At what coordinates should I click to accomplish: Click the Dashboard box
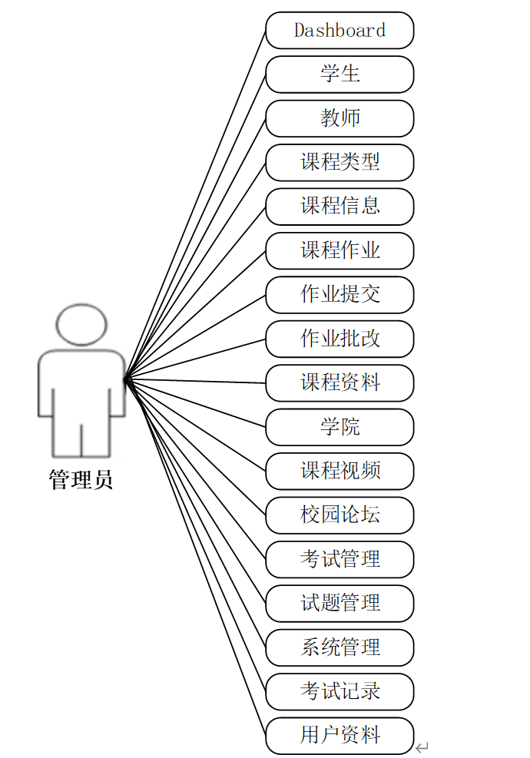pyautogui.click(x=340, y=31)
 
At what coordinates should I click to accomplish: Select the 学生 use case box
pyautogui.click(x=340, y=74)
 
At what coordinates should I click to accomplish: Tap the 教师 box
pyautogui.click(x=340, y=118)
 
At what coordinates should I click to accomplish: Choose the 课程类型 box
pyautogui.click(x=340, y=163)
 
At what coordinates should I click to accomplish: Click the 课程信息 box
pyautogui.click(x=340, y=207)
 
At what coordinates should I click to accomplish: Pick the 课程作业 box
pyautogui.click(x=340, y=251)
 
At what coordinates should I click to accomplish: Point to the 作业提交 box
pyautogui.click(x=340, y=295)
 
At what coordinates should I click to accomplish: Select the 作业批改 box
pyautogui.click(x=340, y=339)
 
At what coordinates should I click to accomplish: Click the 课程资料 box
pyautogui.click(x=340, y=383)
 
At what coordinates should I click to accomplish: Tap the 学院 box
pyautogui.click(x=340, y=427)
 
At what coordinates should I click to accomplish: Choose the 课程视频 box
pyautogui.click(x=340, y=471)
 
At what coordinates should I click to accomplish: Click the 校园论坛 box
pyautogui.click(x=340, y=515)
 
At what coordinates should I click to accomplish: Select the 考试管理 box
pyautogui.click(x=340, y=559)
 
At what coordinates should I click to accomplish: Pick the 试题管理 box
pyautogui.click(x=340, y=604)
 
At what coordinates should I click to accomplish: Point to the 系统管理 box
pyautogui.click(x=340, y=647)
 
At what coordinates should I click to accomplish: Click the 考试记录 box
pyautogui.click(x=340, y=691)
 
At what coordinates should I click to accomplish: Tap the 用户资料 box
pyautogui.click(x=340, y=736)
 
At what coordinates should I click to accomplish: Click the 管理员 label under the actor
pyautogui.click(x=81, y=481)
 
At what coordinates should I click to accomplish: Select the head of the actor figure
pyautogui.click(x=81, y=324)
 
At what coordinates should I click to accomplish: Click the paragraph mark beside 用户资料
pyautogui.click(x=422, y=746)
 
